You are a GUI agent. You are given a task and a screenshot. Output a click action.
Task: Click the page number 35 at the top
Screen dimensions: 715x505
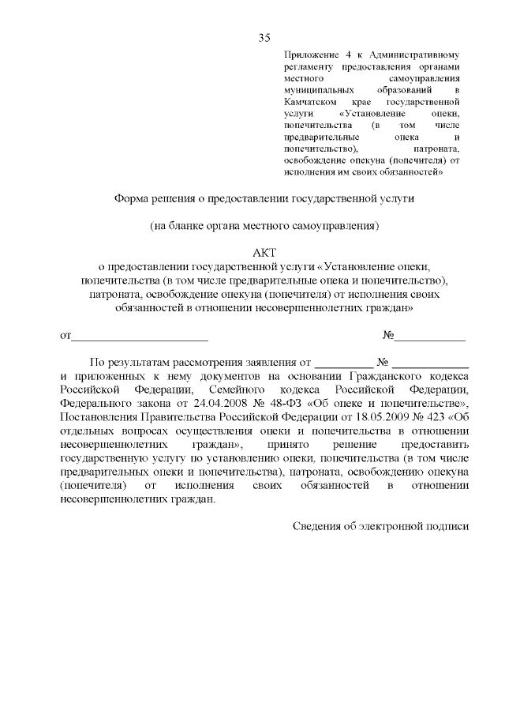pos(264,38)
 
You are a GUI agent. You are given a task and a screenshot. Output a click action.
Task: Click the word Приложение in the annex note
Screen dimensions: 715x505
pos(309,54)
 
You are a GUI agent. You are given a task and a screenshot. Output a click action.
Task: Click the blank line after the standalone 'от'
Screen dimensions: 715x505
pos(140,336)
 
